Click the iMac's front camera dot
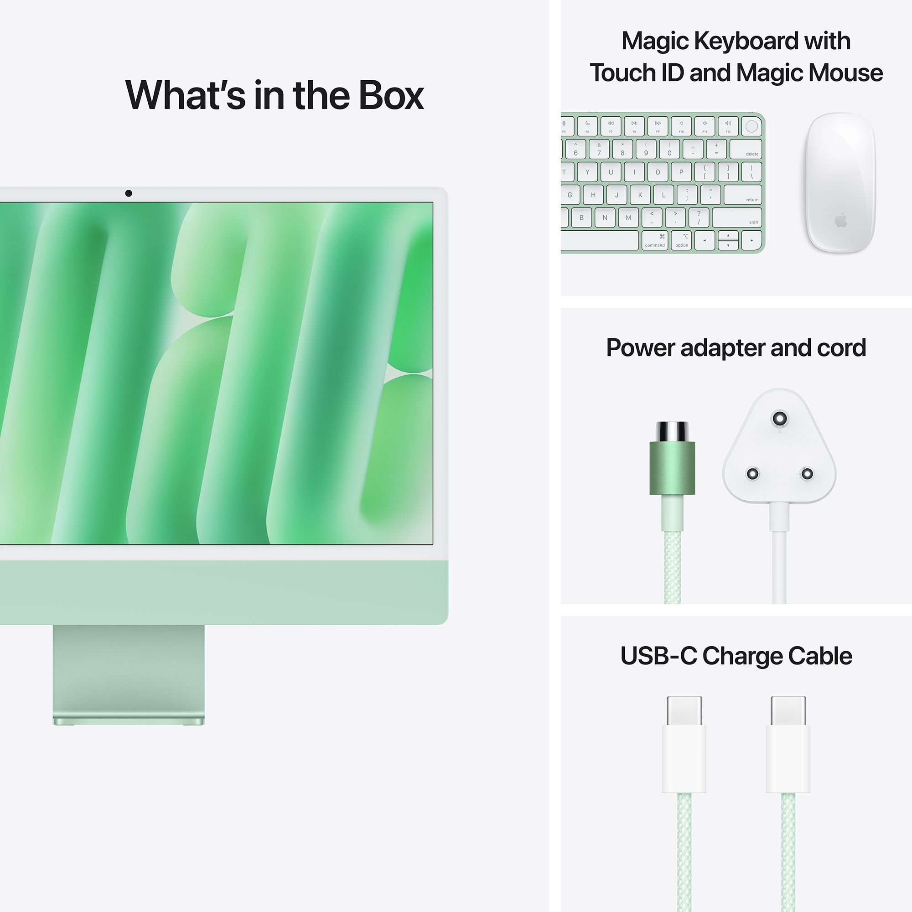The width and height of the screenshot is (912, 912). click(x=129, y=193)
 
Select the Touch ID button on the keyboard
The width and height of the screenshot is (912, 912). click(x=751, y=126)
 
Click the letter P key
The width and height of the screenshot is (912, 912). click(x=681, y=172)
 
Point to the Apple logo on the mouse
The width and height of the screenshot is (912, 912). click(x=841, y=220)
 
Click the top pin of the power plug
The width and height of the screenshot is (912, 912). click(x=779, y=418)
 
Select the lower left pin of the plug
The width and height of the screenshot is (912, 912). click(x=752, y=473)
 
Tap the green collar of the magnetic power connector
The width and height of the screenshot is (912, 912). click(x=672, y=468)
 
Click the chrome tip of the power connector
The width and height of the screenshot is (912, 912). click(x=672, y=431)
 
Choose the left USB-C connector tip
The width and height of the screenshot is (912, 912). click(x=684, y=711)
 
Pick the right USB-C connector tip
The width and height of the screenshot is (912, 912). click(x=788, y=711)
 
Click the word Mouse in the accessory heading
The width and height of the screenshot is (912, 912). click(x=845, y=73)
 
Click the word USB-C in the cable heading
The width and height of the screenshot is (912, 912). click(x=658, y=656)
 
